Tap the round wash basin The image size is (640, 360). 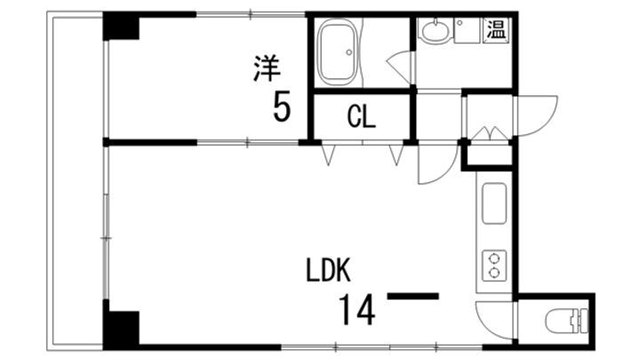click(x=435, y=33)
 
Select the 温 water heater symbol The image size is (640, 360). click(x=495, y=29)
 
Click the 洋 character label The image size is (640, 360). click(x=264, y=68)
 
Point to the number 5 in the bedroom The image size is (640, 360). click(x=281, y=108)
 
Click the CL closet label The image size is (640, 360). click(x=361, y=116)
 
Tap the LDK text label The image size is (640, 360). click(x=331, y=268)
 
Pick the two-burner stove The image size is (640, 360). click(x=494, y=265)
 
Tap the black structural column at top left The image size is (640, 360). click(x=120, y=26)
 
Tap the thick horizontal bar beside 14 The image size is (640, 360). click(x=414, y=296)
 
